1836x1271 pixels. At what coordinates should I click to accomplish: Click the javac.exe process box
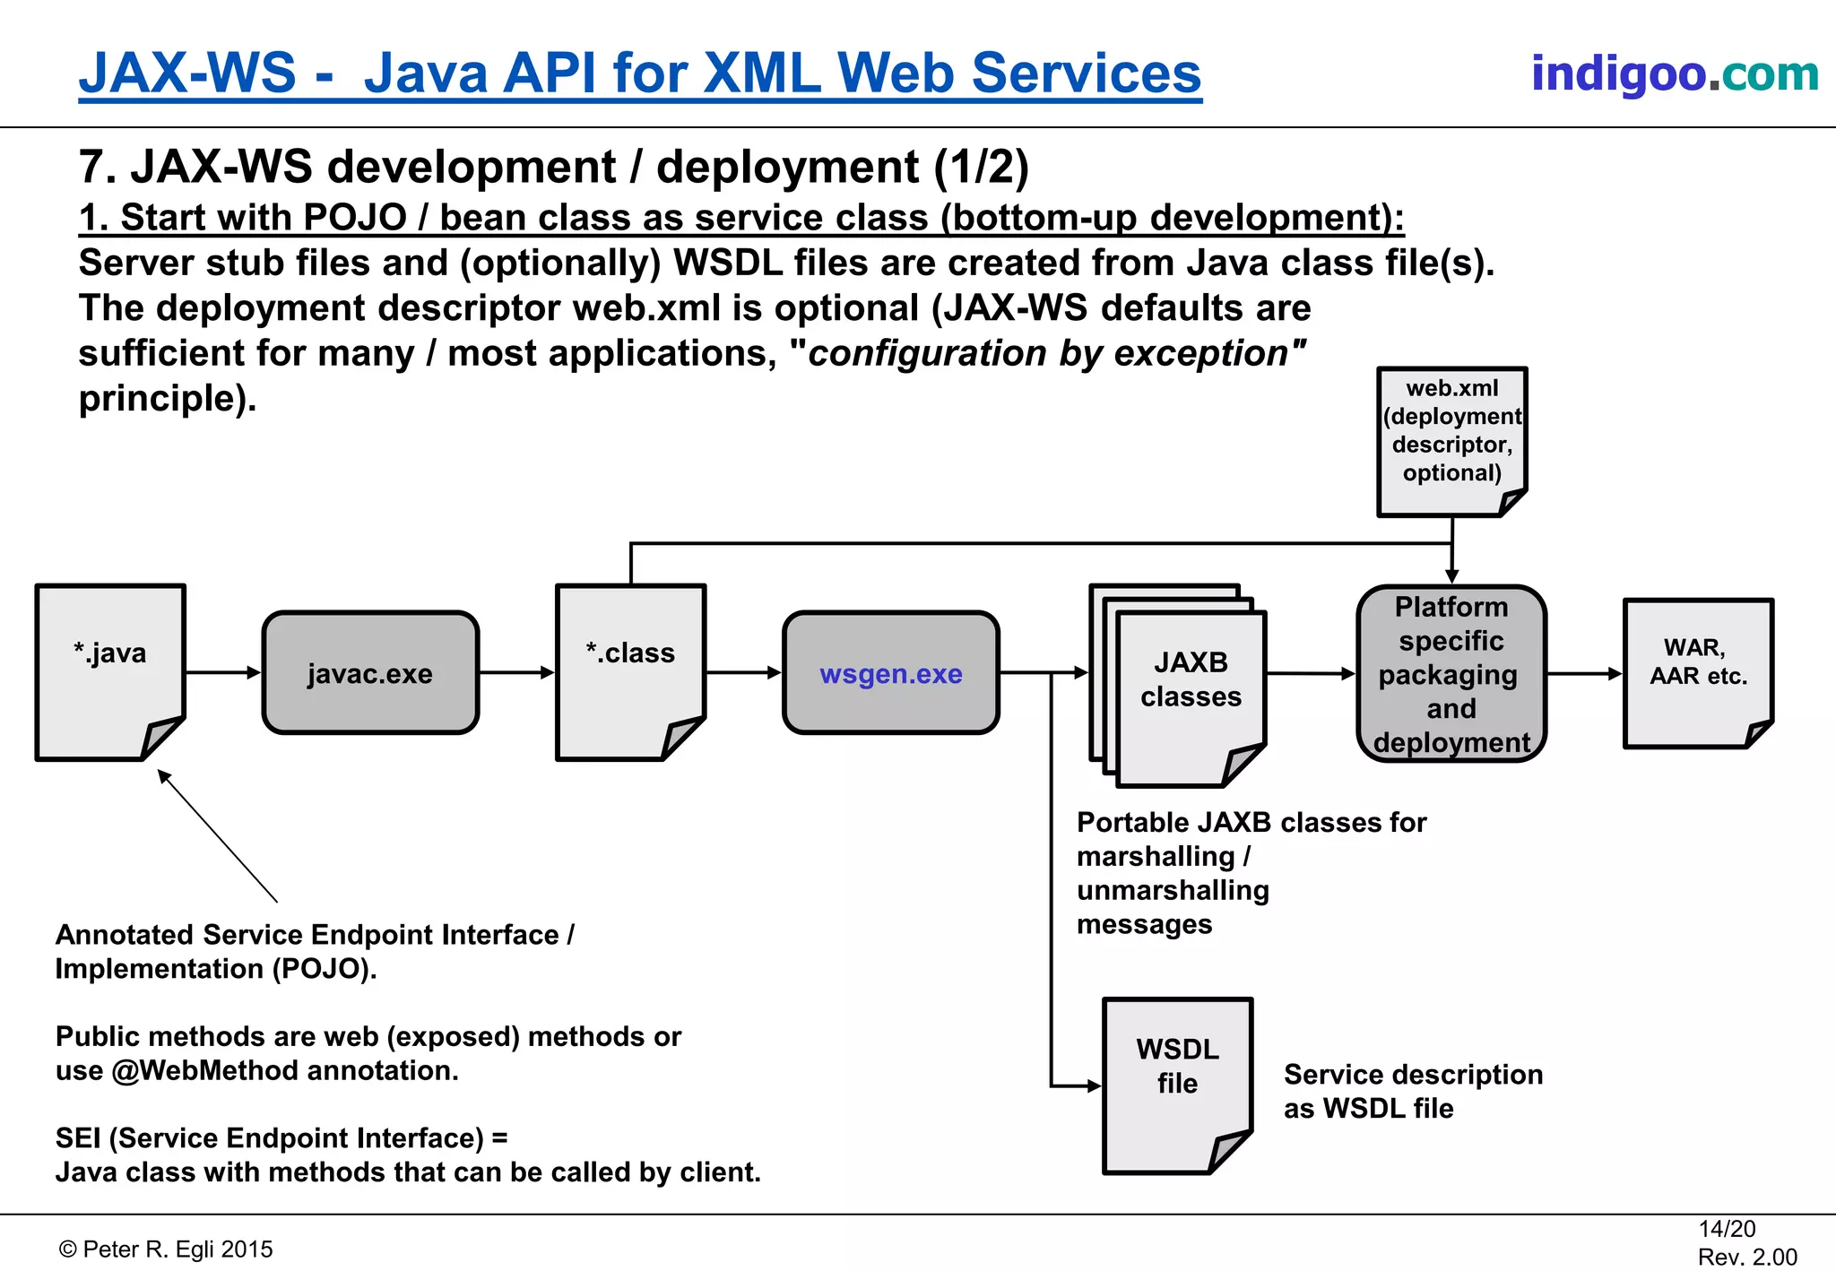tap(370, 673)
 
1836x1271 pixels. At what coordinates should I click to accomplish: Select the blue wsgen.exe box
tap(890, 673)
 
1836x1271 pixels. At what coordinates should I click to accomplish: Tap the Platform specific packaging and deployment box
tap(1451, 674)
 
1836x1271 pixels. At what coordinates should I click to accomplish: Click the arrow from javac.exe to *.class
tap(516, 672)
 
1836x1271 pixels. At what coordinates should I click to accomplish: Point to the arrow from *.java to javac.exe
tap(223, 672)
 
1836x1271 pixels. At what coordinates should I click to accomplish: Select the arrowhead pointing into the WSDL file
tap(1094, 1086)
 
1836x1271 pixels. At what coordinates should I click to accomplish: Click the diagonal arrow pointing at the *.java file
tap(218, 836)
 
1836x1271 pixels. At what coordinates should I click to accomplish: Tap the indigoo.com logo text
tap(1674, 73)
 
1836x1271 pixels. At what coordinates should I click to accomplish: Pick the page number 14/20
tap(1726, 1229)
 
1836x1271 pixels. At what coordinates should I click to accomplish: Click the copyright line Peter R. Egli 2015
tap(167, 1249)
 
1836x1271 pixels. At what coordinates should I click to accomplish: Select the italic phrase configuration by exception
tap(1047, 353)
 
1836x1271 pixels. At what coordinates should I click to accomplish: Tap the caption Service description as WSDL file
tap(1412, 1091)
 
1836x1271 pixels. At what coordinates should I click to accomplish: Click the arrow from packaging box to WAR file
tap(1584, 673)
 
